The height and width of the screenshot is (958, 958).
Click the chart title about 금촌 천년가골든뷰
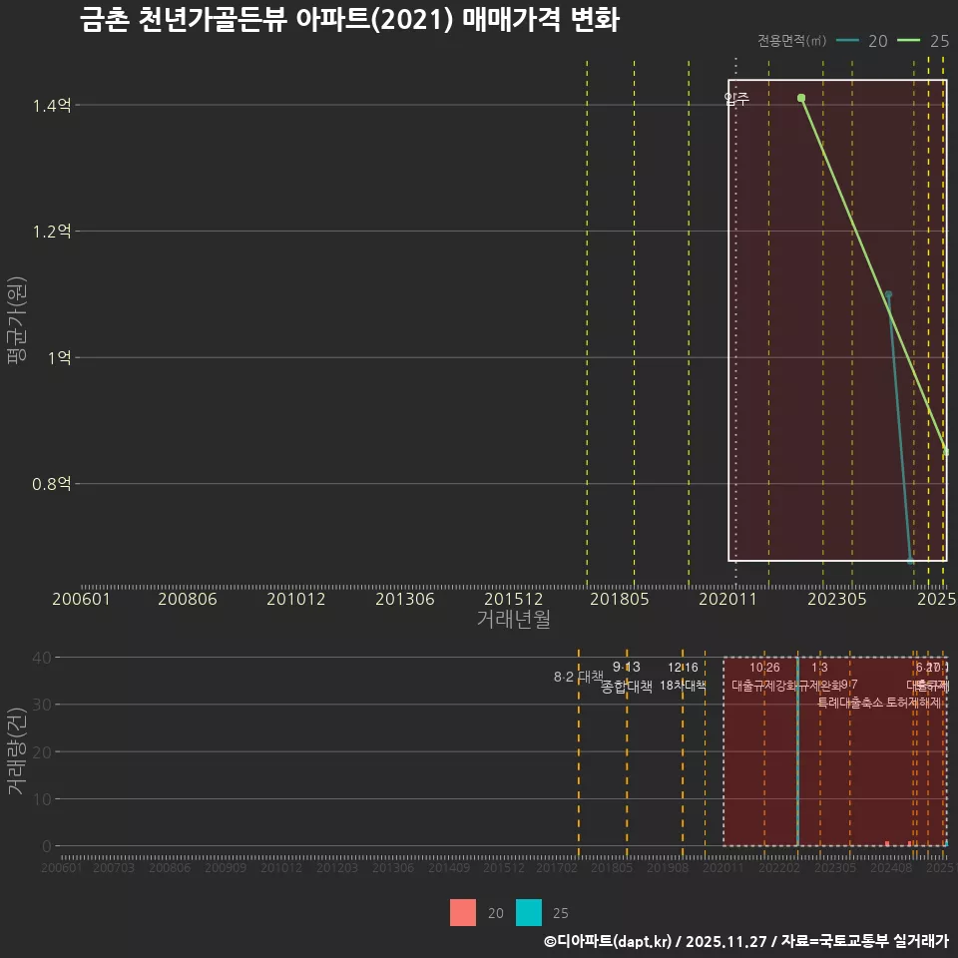[349, 22]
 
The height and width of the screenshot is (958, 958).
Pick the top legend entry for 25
[923, 41]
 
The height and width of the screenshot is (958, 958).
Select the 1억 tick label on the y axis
[58, 358]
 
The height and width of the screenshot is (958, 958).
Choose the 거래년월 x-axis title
[513, 619]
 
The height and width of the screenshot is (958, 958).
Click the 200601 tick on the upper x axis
[82, 599]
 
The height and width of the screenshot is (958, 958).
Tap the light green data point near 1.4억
[801, 98]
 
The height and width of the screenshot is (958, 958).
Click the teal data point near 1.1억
[888, 294]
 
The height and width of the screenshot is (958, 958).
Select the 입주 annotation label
[736, 98]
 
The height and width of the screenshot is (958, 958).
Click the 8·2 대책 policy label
[579, 676]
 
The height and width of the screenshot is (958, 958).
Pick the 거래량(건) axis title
[16, 751]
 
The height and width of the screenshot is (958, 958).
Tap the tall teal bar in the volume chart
[797, 758]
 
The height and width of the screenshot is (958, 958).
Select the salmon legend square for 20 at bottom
[463, 912]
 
